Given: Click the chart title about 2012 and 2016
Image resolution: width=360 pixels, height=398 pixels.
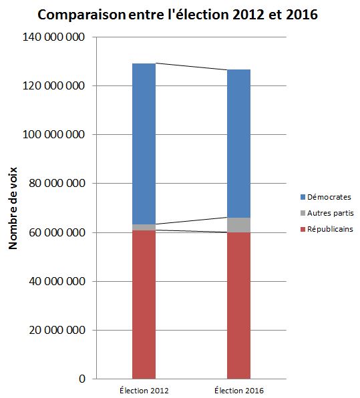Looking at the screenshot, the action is pyautogui.click(x=178, y=15).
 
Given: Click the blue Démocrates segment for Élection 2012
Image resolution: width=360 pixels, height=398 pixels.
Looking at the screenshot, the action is pyautogui.click(x=144, y=144).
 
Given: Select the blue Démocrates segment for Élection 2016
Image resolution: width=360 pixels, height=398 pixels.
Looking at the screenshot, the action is pyautogui.click(x=238, y=144).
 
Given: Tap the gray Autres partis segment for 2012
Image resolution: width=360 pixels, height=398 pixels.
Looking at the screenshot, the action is pyautogui.click(x=144, y=227).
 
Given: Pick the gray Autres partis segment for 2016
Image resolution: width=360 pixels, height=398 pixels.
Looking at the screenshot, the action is pyautogui.click(x=238, y=225).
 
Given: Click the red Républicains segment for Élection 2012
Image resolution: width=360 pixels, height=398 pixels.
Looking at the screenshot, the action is pyautogui.click(x=144, y=305).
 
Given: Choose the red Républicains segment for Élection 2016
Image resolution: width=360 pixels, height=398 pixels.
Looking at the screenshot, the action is pyautogui.click(x=238, y=305).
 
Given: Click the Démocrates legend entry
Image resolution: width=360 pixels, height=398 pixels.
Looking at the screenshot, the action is pyautogui.click(x=326, y=197).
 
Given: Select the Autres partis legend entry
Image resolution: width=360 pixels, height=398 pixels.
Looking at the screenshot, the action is pyautogui.click(x=327, y=213).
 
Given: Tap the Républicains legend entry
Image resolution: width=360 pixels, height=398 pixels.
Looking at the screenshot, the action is pyautogui.click(x=327, y=229).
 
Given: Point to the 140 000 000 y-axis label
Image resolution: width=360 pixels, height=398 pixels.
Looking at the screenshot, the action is pyautogui.click(x=53, y=37).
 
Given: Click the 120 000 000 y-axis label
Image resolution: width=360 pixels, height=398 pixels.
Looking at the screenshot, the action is pyautogui.click(x=53, y=85).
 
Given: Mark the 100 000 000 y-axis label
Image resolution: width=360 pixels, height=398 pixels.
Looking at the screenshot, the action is pyautogui.click(x=53, y=134).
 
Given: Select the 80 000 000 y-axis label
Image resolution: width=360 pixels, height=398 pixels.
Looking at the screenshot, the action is pyautogui.click(x=57, y=183).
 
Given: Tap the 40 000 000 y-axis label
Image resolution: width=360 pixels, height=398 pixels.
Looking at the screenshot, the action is pyautogui.click(x=57, y=281).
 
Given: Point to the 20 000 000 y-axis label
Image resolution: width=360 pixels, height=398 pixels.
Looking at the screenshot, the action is pyautogui.click(x=57, y=330).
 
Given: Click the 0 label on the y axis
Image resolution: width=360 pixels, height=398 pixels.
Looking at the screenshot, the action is pyautogui.click(x=82, y=379).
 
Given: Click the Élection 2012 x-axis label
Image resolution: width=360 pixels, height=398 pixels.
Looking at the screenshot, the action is pyautogui.click(x=144, y=390).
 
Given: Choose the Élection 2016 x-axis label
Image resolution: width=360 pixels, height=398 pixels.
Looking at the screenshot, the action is pyautogui.click(x=239, y=390).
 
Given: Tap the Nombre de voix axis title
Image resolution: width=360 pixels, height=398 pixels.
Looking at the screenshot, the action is pyautogui.click(x=13, y=208).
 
